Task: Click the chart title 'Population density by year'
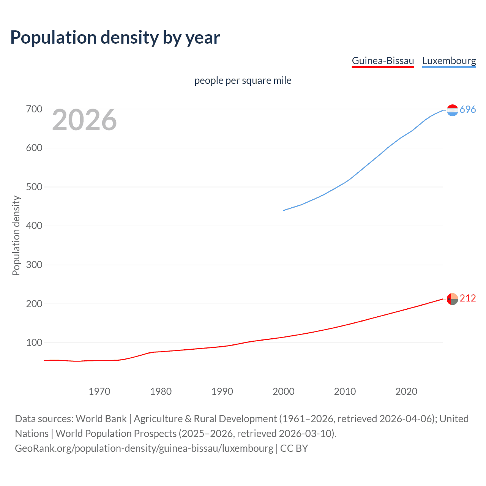pyautogui.click(x=115, y=38)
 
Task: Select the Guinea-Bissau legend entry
pyautogui.click(x=383, y=61)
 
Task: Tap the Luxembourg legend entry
pyautogui.click(x=449, y=61)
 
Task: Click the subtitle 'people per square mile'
pyautogui.click(x=243, y=80)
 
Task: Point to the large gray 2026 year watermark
pyautogui.click(x=84, y=120)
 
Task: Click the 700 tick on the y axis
pyautogui.click(x=34, y=109)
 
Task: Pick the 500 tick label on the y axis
pyautogui.click(x=34, y=187)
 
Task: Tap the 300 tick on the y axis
pyautogui.click(x=34, y=265)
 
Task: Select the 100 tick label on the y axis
pyautogui.click(x=34, y=343)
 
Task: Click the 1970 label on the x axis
pyautogui.click(x=99, y=391)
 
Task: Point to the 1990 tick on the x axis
pyautogui.click(x=222, y=391)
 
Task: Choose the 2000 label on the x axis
pyautogui.click(x=284, y=391)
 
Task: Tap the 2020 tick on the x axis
pyautogui.click(x=406, y=391)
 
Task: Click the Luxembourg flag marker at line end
pyautogui.click(x=452, y=110)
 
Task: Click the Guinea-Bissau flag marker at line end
pyautogui.click(x=452, y=299)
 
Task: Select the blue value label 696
pyautogui.click(x=468, y=110)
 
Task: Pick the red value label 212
pyautogui.click(x=468, y=298)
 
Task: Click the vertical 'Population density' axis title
pyautogui.click(x=16, y=235)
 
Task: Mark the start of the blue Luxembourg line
pyautogui.click(x=284, y=210)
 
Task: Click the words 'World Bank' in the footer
pyautogui.click(x=101, y=419)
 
